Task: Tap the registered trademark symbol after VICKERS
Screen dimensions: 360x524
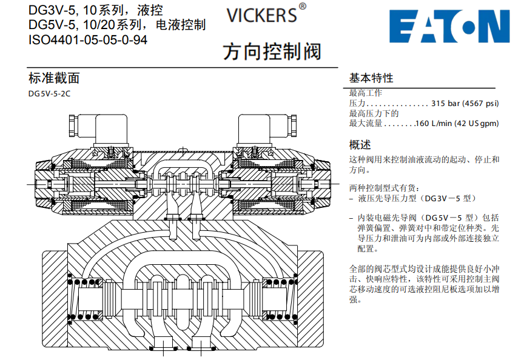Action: (303, 7)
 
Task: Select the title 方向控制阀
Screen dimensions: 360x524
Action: (271, 52)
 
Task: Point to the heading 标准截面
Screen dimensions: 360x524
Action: (54, 78)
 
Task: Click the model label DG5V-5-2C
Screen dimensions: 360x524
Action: (49, 94)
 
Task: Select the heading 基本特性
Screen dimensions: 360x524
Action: (371, 78)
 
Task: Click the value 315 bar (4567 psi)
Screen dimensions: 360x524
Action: (465, 104)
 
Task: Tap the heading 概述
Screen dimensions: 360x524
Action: (360, 145)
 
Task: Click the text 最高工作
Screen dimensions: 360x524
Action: (366, 93)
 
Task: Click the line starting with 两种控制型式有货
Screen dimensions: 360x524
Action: (385, 188)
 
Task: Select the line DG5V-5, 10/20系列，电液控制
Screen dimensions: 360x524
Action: (117, 25)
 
